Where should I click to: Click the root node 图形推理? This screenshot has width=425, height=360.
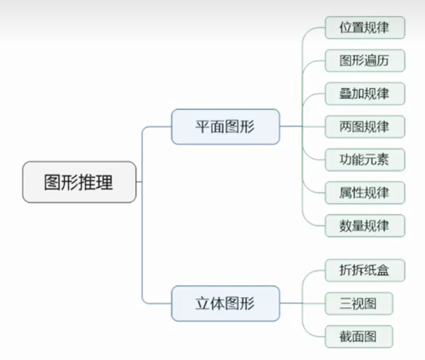coord(80,182)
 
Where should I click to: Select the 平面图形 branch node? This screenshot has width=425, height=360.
coord(225,126)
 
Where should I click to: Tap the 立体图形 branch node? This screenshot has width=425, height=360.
coord(225,304)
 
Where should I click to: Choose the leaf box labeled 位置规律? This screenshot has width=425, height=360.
coord(365,28)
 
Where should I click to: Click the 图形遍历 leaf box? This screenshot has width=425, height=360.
coord(365,61)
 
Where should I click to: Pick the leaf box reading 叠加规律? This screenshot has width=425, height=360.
coord(365,94)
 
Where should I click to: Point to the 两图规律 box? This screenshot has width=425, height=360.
coord(365,126)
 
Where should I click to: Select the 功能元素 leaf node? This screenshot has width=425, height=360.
coord(365,160)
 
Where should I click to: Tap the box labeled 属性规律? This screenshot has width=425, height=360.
coord(365,192)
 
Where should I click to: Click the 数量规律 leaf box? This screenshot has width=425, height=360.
coord(365,226)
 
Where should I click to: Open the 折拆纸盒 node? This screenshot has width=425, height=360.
coord(365,271)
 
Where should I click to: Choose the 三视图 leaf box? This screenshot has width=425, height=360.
coord(358,304)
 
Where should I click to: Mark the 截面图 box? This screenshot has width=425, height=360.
coord(358,337)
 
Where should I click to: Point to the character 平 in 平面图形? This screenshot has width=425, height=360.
coord(202,126)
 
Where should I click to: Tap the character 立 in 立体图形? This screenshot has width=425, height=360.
coord(202,304)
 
